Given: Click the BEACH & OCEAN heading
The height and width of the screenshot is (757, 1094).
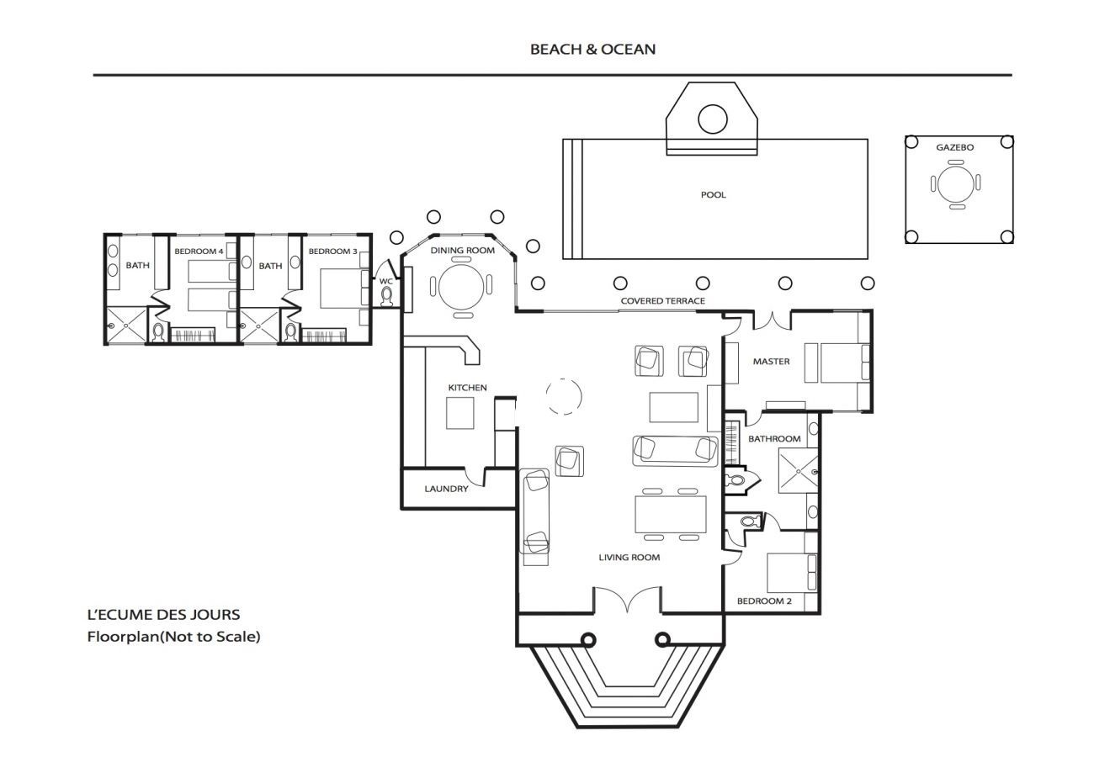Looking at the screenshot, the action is pyautogui.click(x=592, y=50).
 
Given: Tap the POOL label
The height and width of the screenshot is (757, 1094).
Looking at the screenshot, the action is pyautogui.click(x=713, y=195).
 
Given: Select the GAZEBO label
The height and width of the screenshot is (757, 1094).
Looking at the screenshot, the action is pyautogui.click(x=954, y=147).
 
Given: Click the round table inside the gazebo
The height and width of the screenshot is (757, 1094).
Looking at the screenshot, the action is pyautogui.click(x=955, y=184).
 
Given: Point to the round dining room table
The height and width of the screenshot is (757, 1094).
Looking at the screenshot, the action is pyautogui.click(x=461, y=287).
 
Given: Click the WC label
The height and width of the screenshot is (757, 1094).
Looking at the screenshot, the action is pyautogui.click(x=385, y=281).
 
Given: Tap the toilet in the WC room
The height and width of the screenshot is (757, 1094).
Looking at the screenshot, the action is pyautogui.click(x=387, y=297).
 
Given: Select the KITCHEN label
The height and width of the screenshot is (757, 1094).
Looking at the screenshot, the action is pyautogui.click(x=467, y=388).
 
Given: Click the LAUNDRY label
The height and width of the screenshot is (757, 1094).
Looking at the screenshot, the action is pyautogui.click(x=446, y=489).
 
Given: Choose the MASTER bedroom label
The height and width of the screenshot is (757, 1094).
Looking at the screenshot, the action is pyautogui.click(x=771, y=362).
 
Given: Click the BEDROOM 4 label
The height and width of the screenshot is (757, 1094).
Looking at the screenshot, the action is pyautogui.click(x=199, y=251).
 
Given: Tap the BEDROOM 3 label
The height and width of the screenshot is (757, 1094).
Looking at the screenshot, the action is pyautogui.click(x=332, y=251).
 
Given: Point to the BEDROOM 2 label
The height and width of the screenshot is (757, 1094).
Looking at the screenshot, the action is pyautogui.click(x=764, y=601).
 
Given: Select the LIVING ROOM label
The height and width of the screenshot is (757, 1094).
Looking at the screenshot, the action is pyautogui.click(x=629, y=558).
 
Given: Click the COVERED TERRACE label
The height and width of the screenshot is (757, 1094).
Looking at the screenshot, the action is pyautogui.click(x=663, y=301).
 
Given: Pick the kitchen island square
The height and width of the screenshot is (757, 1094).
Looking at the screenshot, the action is pyautogui.click(x=460, y=413).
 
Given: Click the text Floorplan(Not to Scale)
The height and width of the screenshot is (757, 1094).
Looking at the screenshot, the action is pyautogui.click(x=173, y=638).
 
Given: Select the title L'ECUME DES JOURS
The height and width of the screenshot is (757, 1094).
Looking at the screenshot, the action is pyautogui.click(x=163, y=615).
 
